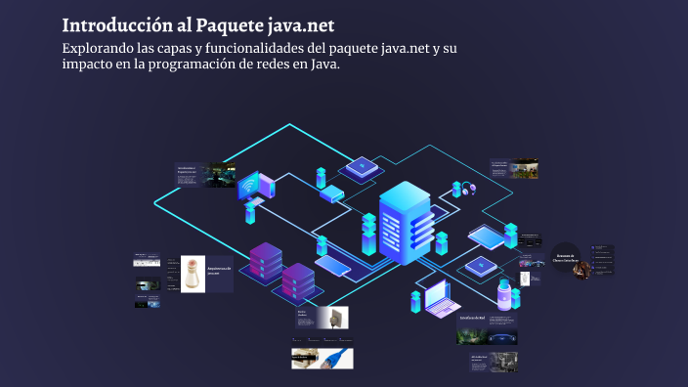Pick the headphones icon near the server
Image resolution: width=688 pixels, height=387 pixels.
pos(469,188)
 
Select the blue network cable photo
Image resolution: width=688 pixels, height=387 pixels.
pos(334,359)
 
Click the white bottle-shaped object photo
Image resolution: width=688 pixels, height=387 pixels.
pos(193,275)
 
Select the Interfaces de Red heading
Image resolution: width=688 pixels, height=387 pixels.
pos(473,318)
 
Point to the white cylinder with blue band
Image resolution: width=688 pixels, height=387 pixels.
pos(504,294)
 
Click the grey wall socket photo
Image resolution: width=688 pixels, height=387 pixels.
pos(334,318)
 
